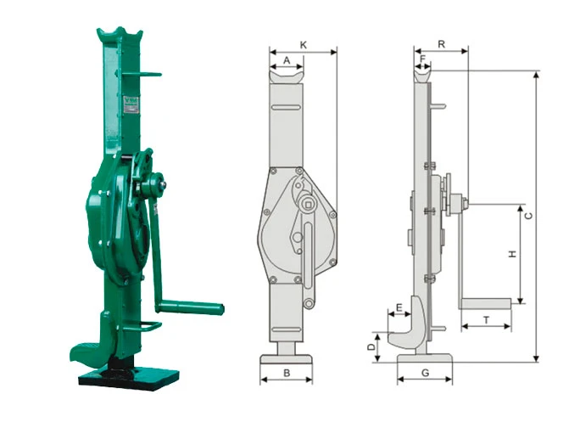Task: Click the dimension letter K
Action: tap(304, 45)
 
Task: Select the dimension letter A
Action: tap(287, 60)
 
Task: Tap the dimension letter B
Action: tap(287, 373)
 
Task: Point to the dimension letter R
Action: tap(441, 44)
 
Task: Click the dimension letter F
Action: tap(423, 59)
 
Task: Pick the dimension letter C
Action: tap(529, 216)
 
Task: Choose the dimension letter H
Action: tap(512, 254)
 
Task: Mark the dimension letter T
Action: tap(487, 320)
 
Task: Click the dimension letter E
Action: tap(399, 307)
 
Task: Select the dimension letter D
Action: tap(371, 346)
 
